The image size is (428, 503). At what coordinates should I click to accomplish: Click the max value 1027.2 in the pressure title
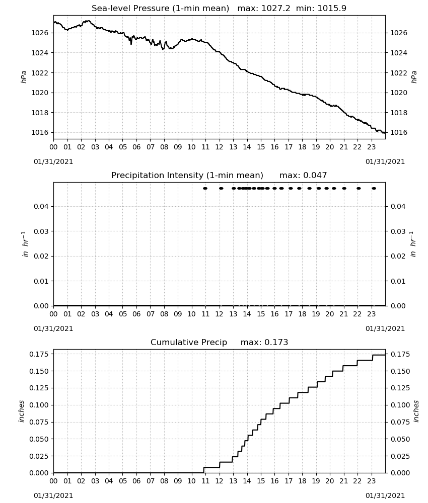tap(275, 9)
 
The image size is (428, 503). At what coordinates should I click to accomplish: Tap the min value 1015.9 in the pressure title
tap(332, 9)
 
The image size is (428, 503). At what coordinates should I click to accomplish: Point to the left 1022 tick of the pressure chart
tap(39, 73)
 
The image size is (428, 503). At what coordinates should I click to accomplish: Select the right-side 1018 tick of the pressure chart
tap(398, 113)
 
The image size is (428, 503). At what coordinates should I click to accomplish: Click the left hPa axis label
tap(24, 77)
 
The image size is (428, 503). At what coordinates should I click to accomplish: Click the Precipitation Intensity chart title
tap(187, 176)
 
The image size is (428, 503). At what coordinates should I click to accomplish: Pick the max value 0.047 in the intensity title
tap(315, 176)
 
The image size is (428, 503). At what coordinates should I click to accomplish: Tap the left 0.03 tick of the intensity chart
tap(41, 231)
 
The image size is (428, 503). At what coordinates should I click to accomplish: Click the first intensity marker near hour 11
tap(205, 188)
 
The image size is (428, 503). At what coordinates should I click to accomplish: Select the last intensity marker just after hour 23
tap(374, 188)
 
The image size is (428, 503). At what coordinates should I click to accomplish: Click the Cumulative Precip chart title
tap(189, 342)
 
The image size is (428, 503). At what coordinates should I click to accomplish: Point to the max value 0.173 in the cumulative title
tap(276, 342)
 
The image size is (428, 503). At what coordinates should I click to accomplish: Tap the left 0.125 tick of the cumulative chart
tap(39, 388)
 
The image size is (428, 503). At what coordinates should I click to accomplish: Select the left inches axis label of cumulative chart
tap(22, 411)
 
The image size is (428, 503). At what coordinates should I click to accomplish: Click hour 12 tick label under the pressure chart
tap(219, 147)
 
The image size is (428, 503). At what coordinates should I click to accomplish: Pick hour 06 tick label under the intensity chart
tap(136, 314)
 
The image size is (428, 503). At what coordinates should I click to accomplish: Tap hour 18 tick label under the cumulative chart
tap(302, 481)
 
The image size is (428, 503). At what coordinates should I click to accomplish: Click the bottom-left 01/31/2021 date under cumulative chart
tap(53, 495)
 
